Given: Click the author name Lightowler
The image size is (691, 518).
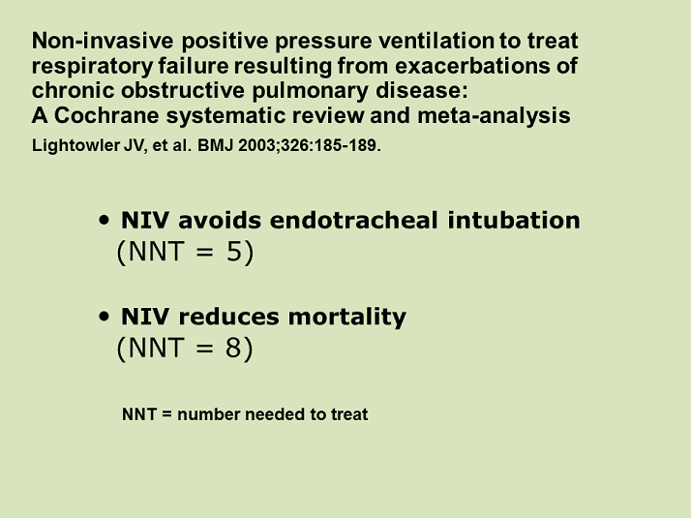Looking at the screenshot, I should [75, 151].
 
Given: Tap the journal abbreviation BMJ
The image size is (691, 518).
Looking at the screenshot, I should [209, 151].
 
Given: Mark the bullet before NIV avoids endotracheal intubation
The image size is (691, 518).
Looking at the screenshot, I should [104, 221].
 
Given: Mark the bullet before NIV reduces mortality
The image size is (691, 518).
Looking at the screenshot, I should [104, 318].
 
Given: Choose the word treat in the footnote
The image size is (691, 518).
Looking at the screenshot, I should [349, 414].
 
